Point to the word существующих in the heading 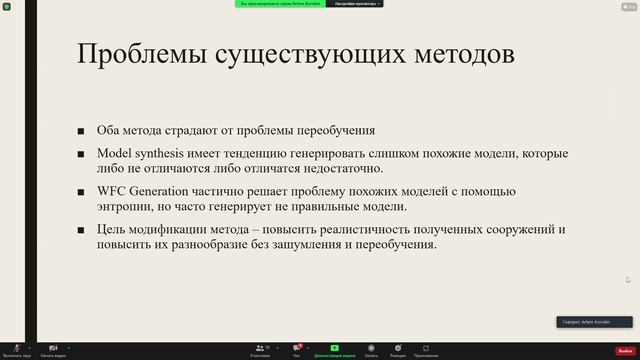[300, 54]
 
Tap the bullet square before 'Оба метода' [81, 131]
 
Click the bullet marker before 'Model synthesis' [81, 154]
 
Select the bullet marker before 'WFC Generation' [81, 192]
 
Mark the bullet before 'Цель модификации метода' [81, 230]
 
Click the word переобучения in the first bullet [329, 130]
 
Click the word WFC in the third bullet [110, 191]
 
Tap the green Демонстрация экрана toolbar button [334, 349]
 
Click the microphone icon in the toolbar [16, 348]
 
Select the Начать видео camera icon [53, 348]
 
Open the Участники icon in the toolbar [259, 348]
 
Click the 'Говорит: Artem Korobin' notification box [594, 322]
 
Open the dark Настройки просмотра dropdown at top [354, 4]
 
